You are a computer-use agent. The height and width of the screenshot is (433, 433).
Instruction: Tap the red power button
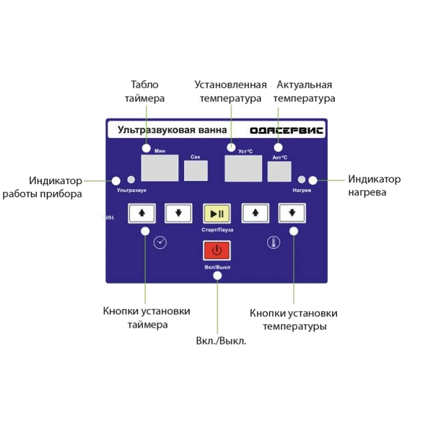[x=216, y=251]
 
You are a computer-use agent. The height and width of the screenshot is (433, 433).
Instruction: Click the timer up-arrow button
[x=142, y=213]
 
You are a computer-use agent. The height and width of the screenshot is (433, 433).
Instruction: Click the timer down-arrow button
[x=178, y=213]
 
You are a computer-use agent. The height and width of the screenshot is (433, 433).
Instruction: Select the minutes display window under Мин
[x=159, y=167]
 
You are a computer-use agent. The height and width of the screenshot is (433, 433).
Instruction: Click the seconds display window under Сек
[x=196, y=170]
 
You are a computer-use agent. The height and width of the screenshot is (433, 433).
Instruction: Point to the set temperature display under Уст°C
[x=243, y=167]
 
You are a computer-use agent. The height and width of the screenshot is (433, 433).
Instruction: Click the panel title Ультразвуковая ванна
[x=167, y=130]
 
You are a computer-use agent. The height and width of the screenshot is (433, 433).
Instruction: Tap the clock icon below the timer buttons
[x=161, y=243]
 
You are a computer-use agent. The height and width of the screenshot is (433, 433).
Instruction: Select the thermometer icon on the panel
[x=272, y=242]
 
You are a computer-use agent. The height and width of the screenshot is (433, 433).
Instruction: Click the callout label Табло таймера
[x=144, y=91]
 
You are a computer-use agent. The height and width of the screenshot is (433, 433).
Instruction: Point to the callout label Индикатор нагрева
[x=374, y=186]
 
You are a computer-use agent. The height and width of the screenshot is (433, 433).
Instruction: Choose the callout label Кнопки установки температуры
[x=293, y=320]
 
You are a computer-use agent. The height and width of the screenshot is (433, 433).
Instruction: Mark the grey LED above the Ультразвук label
[x=131, y=180]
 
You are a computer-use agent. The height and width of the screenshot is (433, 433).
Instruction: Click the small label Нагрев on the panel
[x=302, y=191]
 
